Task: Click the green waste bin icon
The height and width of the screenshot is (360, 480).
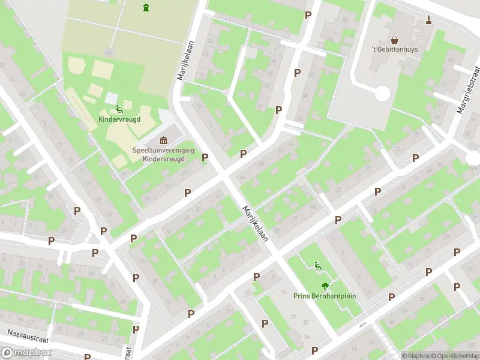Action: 146,7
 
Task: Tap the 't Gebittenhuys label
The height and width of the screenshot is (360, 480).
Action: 394,49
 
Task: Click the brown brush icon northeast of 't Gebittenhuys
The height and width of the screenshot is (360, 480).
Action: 428,21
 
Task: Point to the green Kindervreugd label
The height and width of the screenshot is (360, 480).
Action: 119,119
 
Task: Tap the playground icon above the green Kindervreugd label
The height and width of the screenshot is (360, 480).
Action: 119,109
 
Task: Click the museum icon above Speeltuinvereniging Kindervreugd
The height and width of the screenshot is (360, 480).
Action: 163,140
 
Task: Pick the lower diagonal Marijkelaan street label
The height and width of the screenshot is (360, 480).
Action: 254,223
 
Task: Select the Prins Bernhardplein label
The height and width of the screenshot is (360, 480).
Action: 324,296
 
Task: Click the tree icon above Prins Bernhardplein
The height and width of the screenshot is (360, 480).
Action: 324,286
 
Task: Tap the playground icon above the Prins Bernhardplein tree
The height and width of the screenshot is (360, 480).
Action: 317,266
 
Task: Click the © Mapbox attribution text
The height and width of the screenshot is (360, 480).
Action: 415,356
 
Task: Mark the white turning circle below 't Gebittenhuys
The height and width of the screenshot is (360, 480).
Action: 382,93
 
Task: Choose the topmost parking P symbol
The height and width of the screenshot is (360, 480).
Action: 308,15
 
